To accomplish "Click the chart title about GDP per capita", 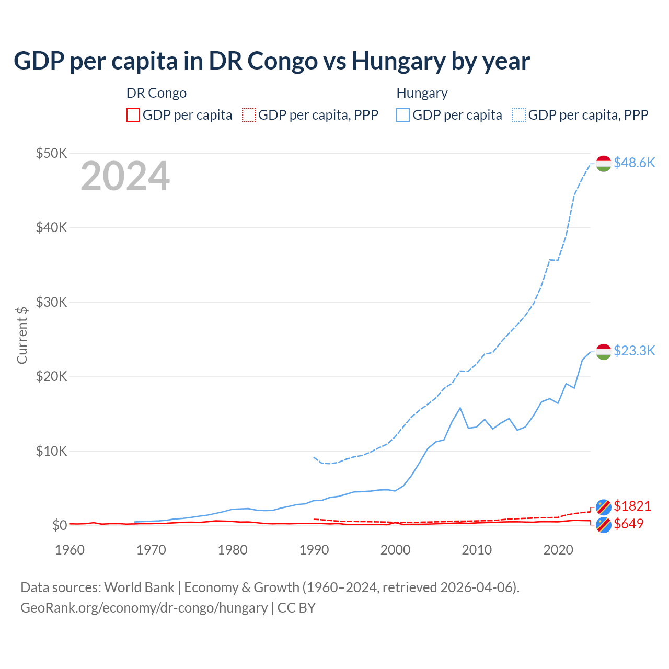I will coord(272,61).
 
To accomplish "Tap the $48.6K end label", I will coord(634,163).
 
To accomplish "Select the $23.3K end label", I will coord(634,350).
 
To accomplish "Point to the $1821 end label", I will coord(632,506).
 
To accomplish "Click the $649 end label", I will coord(628,524).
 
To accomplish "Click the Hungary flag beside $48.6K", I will coord(604,163).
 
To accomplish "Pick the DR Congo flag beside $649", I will coord(604,525).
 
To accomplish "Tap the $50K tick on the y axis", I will coord(51,153).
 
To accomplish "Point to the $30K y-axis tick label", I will coord(51,302).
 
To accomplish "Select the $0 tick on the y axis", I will coord(59,525).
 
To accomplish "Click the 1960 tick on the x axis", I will coord(70,550).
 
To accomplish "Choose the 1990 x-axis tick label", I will coord(314,550).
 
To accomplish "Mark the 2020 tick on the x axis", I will coord(558,550).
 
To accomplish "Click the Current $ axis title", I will coord(22,335).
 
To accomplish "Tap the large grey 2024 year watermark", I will coord(125,176).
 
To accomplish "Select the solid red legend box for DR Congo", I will coord(133,115).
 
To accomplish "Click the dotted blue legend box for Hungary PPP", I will coord(519,115).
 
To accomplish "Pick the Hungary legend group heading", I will coord(422,93).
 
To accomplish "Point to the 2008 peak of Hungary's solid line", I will coord(460,408).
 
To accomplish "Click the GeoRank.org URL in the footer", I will coord(144,608).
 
